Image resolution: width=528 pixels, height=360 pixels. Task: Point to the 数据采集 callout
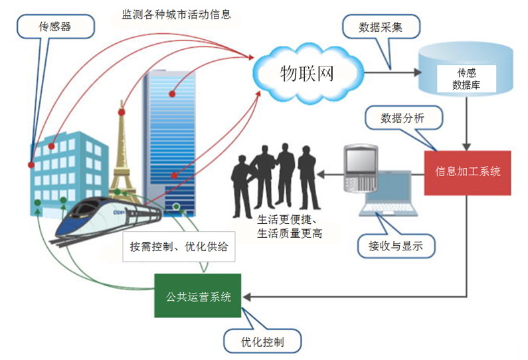coord(381,27)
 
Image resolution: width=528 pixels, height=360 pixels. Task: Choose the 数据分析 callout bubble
coord(402,118)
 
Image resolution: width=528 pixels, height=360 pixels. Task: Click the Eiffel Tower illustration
coord(121,153)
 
